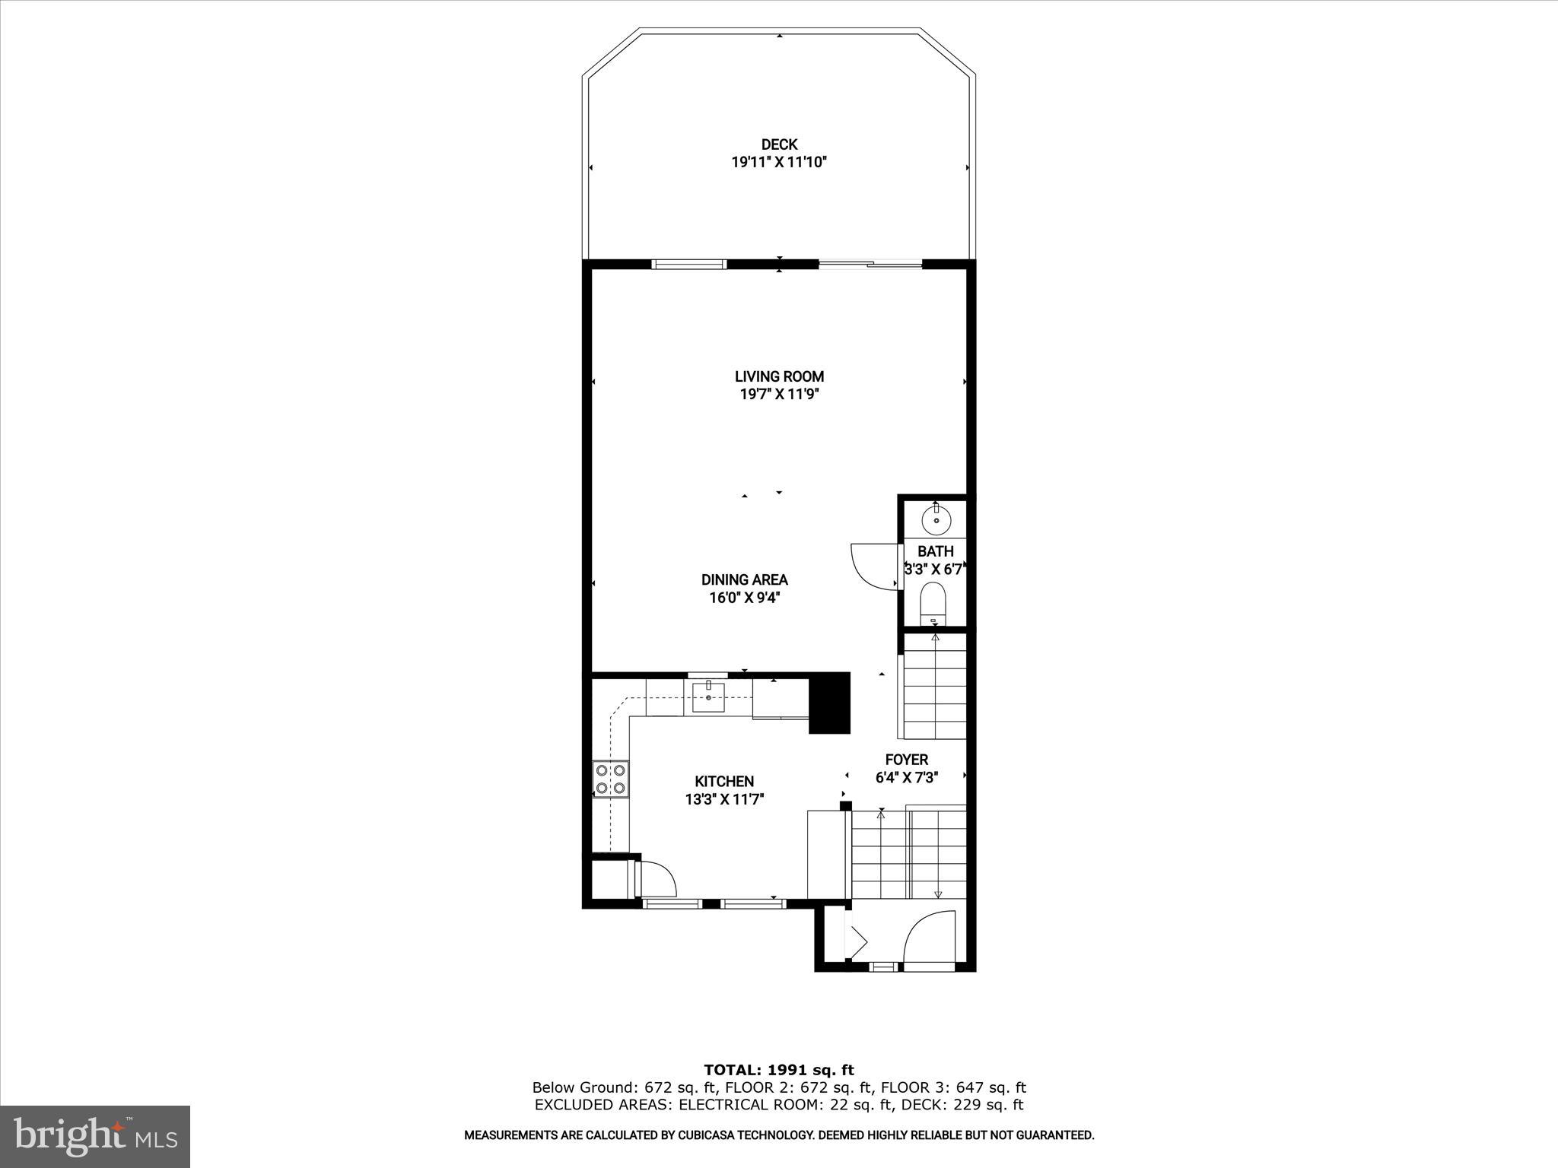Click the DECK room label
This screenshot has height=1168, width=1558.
(x=779, y=144)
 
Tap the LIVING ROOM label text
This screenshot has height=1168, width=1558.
(x=779, y=376)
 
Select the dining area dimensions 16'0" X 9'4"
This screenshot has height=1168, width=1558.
(x=744, y=598)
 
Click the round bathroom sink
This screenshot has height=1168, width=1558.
(x=936, y=521)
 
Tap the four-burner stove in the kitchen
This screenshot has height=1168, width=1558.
(x=611, y=779)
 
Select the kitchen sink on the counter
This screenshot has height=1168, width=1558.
(x=708, y=697)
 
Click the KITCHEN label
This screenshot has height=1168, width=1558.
(x=724, y=781)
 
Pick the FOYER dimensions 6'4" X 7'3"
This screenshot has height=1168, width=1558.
(x=907, y=778)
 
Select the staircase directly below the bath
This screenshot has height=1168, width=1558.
(x=933, y=688)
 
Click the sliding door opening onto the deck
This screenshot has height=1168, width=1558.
(x=870, y=265)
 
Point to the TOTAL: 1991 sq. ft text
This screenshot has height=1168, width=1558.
(x=779, y=1071)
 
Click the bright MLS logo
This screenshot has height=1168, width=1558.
(x=95, y=1136)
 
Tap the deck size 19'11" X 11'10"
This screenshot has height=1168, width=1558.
(x=779, y=162)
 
